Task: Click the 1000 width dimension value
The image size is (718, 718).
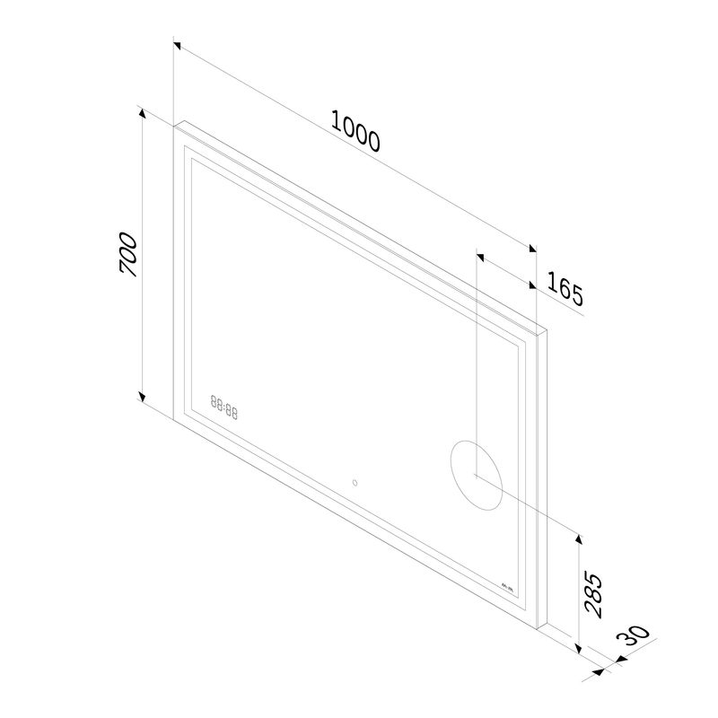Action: pyautogui.click(x=356, y=131)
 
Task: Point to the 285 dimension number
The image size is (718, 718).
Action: pyautogui.click(x=594, y=593)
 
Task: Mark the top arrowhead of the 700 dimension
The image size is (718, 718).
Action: pyautogui.click(x=141, y=110)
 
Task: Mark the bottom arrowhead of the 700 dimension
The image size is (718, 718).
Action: pyautogui.click(x=141, y=398)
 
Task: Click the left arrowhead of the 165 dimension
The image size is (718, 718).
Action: pyautogui.click(x=479, y=257)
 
